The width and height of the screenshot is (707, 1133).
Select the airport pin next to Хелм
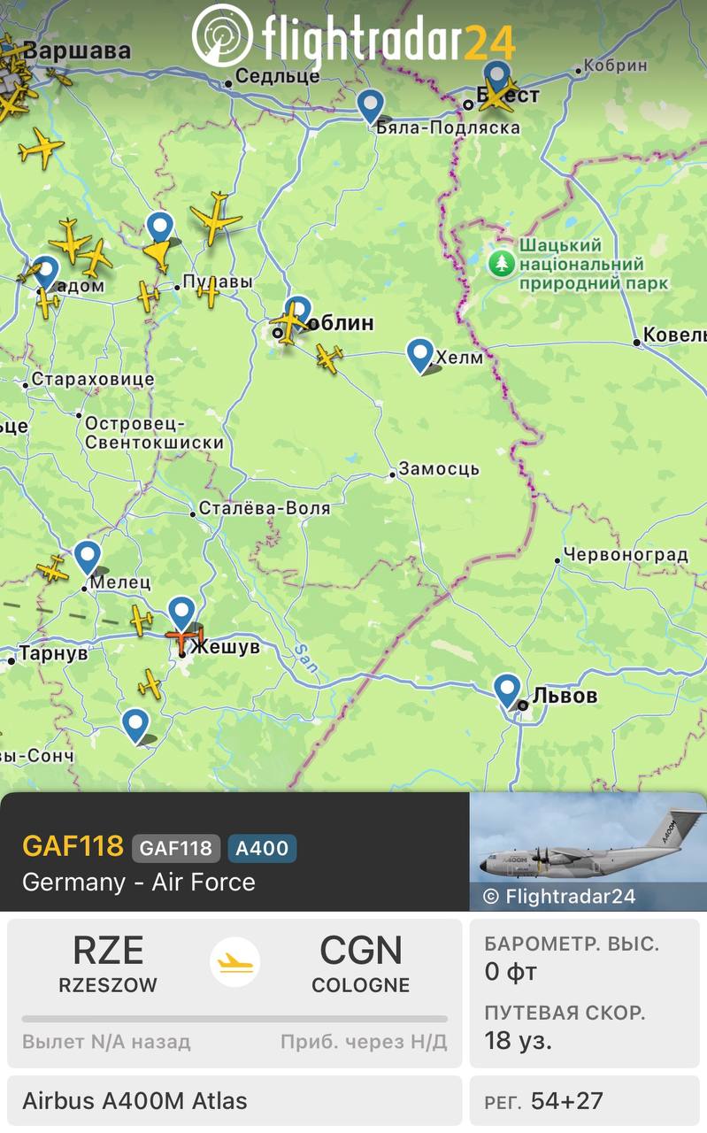[420, 354]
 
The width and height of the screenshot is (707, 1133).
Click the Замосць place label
[439, 469]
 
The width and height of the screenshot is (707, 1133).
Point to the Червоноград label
[626, 555]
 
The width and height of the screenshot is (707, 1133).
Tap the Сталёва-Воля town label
[264, 508]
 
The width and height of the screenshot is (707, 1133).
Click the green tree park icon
[502, 263]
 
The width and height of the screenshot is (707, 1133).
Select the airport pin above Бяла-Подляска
[371, 105]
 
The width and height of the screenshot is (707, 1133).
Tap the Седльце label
[277, 76]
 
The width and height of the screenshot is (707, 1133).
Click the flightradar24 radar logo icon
[222, 35]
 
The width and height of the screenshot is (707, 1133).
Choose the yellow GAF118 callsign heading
[73, 846]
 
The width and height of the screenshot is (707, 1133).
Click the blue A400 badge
[262, 848]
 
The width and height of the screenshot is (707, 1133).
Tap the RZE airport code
[108, 951]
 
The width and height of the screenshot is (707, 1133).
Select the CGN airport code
[360, 951]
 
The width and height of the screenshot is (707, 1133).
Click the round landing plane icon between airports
[234, 962]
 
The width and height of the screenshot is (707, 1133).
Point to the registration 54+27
[566, 1101]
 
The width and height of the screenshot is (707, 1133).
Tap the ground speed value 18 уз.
[518, 1040]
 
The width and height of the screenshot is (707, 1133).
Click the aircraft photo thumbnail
[588, 851]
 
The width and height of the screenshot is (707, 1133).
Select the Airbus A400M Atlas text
[134, 1101]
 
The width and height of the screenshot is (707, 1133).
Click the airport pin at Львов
[507, 690]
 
